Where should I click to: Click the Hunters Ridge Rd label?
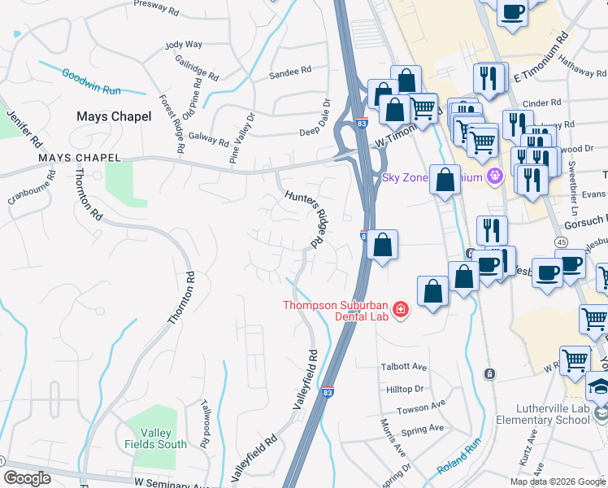[307, 219]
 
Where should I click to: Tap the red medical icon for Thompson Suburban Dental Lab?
[399, 310]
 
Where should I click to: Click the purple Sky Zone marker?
[493, 176]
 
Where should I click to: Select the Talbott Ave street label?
[404, 367]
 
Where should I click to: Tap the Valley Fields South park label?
[155, 438]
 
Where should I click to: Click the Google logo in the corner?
[27, 478]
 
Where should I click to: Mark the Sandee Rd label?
[290, 71]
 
